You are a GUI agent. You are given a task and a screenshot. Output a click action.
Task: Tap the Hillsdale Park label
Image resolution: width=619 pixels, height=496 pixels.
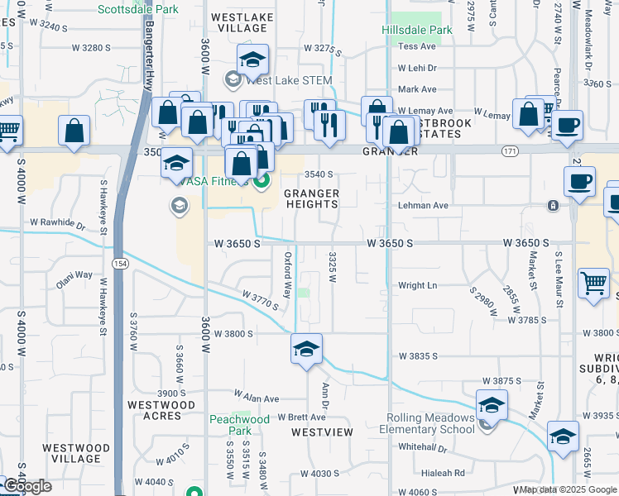(x=417, y=30)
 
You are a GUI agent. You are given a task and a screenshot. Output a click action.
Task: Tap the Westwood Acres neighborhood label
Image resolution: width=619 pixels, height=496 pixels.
(x=161, y=410)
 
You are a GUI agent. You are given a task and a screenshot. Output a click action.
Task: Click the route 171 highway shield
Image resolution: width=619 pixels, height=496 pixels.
(x=510, y=150)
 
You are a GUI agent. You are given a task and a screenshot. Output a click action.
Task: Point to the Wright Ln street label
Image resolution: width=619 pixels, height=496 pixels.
(x=417, y=285)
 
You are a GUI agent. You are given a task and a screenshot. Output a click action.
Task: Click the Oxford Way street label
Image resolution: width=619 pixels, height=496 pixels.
(x=288, y=274)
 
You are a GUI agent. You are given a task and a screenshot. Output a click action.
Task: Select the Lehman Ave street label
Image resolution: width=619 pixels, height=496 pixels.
(x=423, y=205)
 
